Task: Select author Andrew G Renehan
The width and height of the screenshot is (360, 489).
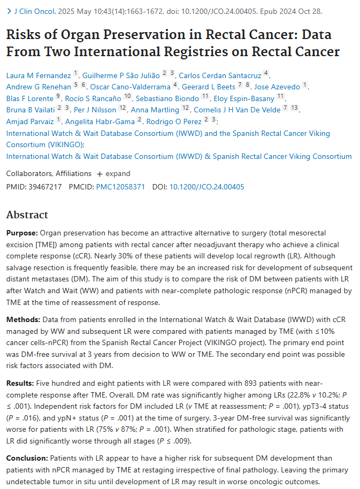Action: coord(39,86)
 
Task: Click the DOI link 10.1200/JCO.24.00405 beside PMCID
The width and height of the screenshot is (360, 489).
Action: coord(206,187)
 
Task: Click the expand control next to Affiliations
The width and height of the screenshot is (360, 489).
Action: coord(113,174)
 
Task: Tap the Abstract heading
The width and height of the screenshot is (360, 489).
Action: coord(27,215)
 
